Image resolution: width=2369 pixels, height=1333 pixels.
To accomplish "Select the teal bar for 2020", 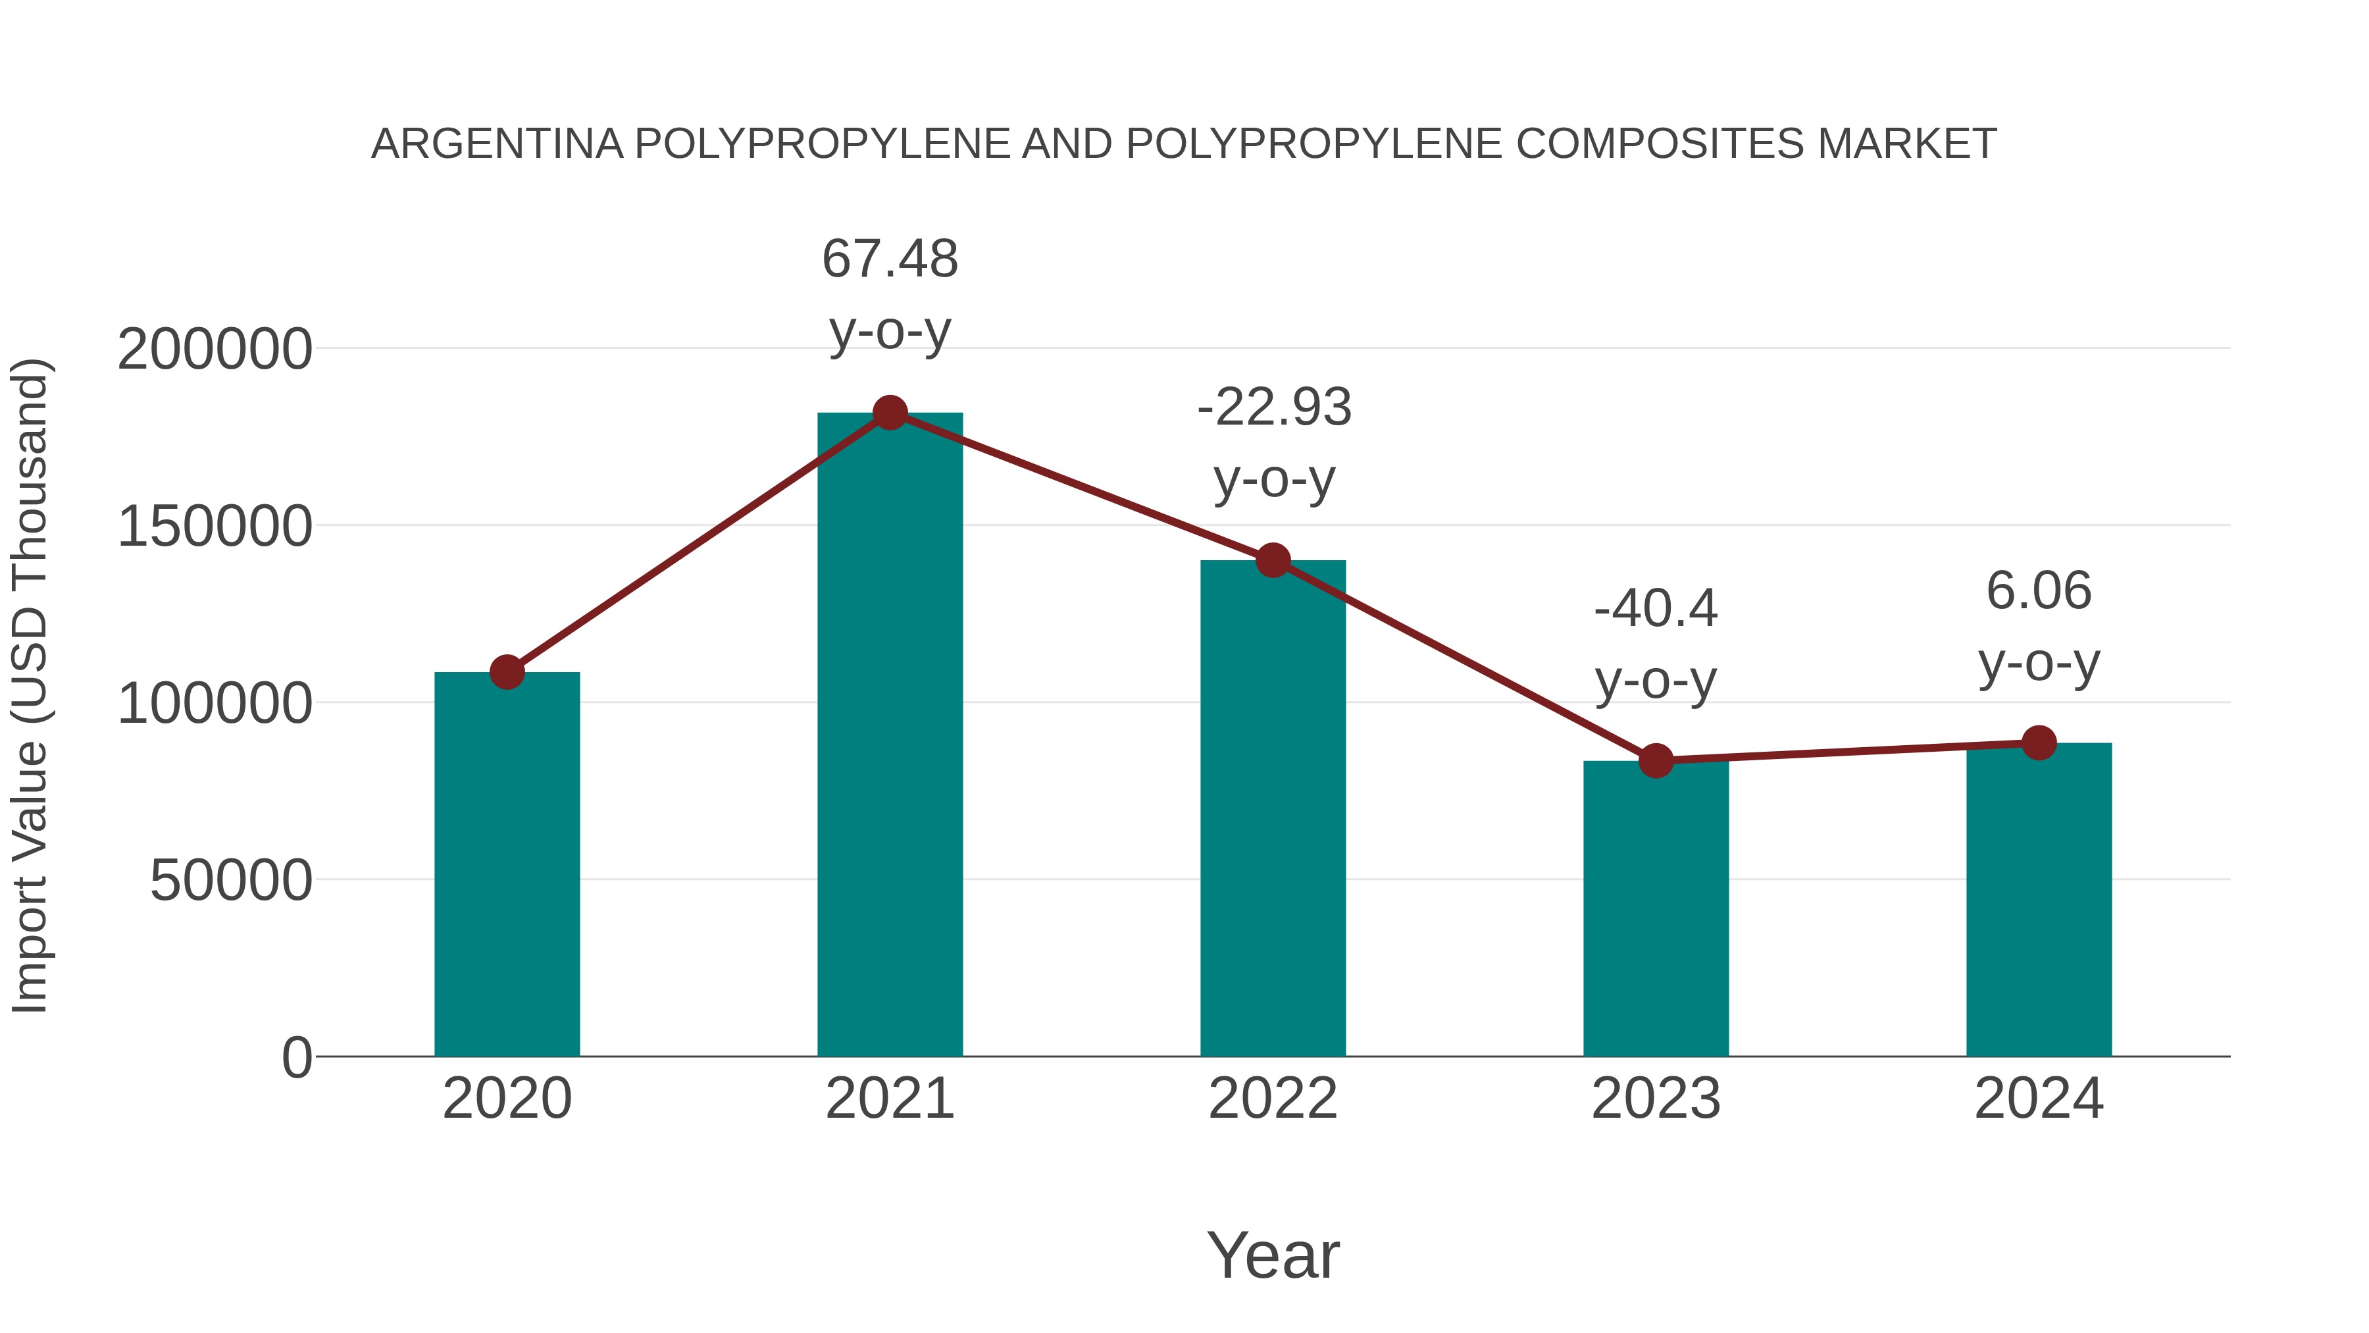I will coord(507,865).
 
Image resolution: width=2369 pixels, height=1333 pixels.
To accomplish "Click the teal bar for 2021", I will coord(889,736).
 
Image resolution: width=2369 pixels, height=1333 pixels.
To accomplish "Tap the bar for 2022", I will coord(1273,810).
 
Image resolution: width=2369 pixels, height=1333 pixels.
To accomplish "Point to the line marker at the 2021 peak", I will coord(889,413).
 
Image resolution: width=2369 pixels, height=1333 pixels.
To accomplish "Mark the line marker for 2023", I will coord(1656,761).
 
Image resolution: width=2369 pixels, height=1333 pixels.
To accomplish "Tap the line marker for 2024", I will coord(2039,743).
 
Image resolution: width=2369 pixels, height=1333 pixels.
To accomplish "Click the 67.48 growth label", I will coord(889,259).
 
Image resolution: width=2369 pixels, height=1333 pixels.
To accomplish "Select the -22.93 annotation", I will coord(1274,407).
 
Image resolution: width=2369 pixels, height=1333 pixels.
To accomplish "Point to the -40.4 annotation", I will coord(1656,609).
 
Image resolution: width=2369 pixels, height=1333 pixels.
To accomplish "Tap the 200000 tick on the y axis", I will coord(215,350).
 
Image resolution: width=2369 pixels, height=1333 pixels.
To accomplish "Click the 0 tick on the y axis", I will coord(297,1057).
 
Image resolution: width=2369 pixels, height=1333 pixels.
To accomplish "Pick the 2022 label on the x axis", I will coord(1273,1099).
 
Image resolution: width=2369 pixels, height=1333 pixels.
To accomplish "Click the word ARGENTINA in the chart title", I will coord(497,144).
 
